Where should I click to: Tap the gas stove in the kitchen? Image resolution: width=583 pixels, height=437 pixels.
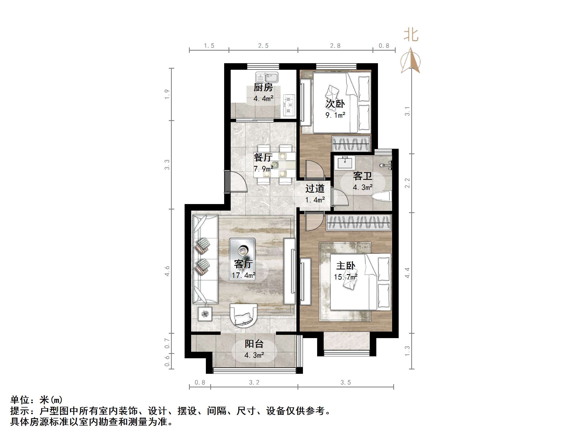[289, 105]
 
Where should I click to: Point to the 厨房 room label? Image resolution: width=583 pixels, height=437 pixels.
[263, 87]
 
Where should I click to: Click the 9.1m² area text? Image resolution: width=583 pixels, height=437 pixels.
[335, 115]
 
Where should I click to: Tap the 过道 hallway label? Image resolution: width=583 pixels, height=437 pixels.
[315, 189]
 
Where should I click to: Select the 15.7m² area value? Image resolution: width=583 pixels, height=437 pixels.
[345, 277]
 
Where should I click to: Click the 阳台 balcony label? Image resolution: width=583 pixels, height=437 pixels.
[254, 344]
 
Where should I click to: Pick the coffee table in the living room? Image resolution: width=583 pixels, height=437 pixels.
[242, 259]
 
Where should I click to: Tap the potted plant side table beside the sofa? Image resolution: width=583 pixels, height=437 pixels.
[205, 314]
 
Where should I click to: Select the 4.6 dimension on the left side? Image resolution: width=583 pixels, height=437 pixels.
[167, 271]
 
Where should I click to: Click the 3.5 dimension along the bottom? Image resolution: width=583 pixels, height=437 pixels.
[345, 383]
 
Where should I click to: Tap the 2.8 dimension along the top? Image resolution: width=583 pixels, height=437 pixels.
[335, 46]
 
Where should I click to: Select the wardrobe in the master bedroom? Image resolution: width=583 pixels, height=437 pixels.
[359, 223]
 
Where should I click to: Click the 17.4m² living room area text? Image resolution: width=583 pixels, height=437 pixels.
[244, 275]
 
